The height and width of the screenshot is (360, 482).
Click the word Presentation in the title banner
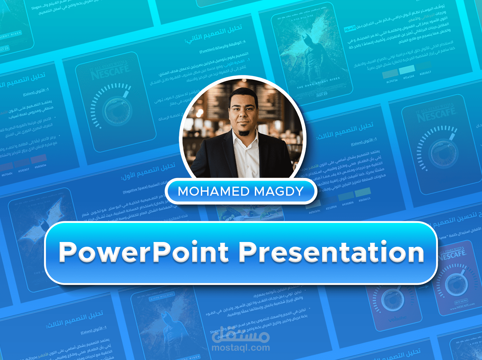[x=331, y=252]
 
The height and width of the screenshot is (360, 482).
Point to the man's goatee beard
[x=244, y=132]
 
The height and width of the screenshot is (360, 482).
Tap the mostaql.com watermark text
[x=241, y=348]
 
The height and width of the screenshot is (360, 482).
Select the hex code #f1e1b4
[x=408, y=77]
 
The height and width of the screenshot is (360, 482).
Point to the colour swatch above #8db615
[x=362, y=192]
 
